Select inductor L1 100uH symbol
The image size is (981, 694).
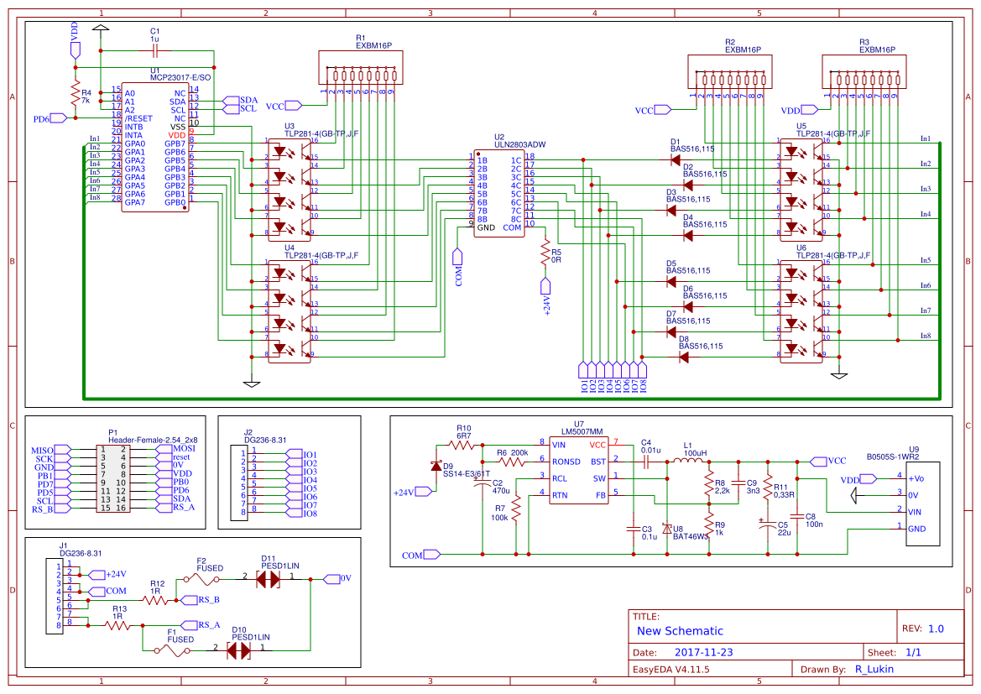(x=689, y=461)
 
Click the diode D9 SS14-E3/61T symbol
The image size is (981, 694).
(x=436, y=466)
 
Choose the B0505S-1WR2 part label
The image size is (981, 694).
(x=893, y=457)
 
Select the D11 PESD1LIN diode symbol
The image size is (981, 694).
(x=268, y=579)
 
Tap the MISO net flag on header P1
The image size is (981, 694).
(x=42, y=451)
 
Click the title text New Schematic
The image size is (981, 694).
(x=680, y=631)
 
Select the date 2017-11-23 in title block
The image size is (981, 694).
(x=704, y=652)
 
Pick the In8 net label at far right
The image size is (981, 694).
(x=925, y=336)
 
